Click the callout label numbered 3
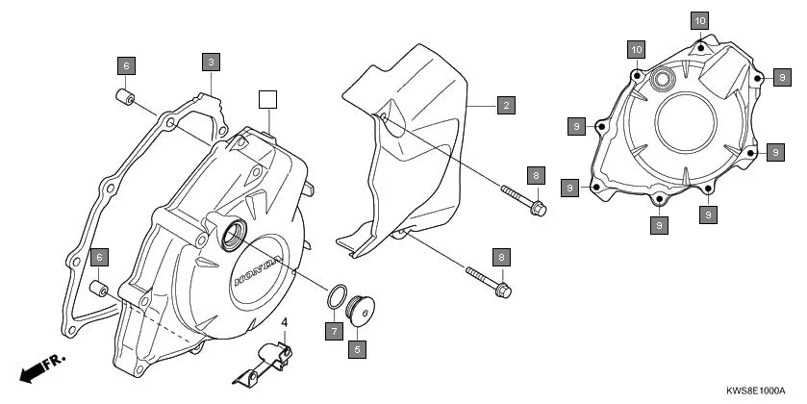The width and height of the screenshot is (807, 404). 212,61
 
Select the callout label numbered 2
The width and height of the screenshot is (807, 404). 504,106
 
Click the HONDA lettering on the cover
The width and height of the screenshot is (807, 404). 259,270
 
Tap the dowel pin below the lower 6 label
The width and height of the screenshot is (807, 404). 98,289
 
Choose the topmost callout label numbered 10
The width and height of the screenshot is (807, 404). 699,20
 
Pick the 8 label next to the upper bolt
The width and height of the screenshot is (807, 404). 535,174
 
